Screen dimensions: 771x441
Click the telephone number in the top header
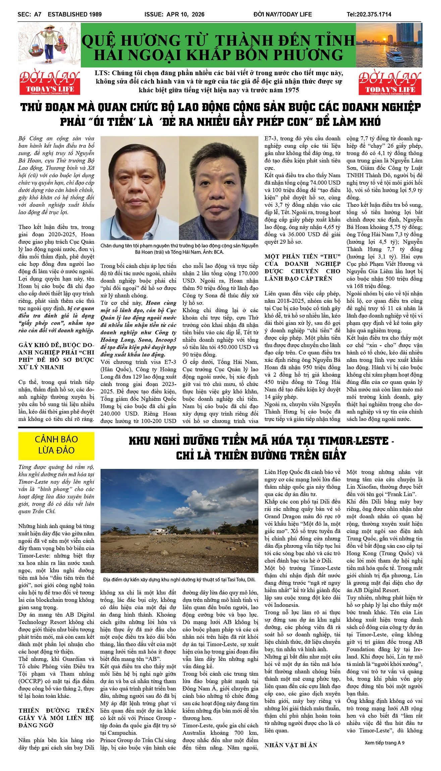pos(369,14)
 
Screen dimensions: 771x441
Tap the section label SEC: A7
pos(30,14)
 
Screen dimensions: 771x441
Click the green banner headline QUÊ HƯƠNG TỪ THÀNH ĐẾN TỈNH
pos(218,41)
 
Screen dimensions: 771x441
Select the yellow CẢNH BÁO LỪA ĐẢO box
pos(56,445)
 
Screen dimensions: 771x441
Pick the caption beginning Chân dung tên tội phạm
pos(179,249)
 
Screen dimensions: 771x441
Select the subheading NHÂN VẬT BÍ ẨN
pos(291,745)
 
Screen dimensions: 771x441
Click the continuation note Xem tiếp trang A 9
pos(384,742)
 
